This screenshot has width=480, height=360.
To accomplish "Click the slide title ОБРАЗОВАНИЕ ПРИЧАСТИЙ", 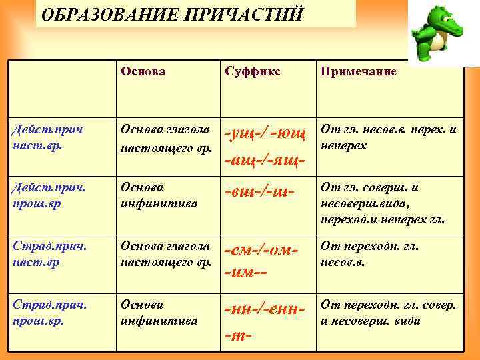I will [x=172, y=14].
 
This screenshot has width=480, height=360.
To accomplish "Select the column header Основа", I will [x=143, y=71].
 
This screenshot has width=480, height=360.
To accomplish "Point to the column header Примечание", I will [x=359, y=71].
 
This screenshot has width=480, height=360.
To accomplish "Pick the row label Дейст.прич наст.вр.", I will [x=43, y=137].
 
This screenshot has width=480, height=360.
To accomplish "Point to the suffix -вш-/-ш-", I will [x=260, y=191].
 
